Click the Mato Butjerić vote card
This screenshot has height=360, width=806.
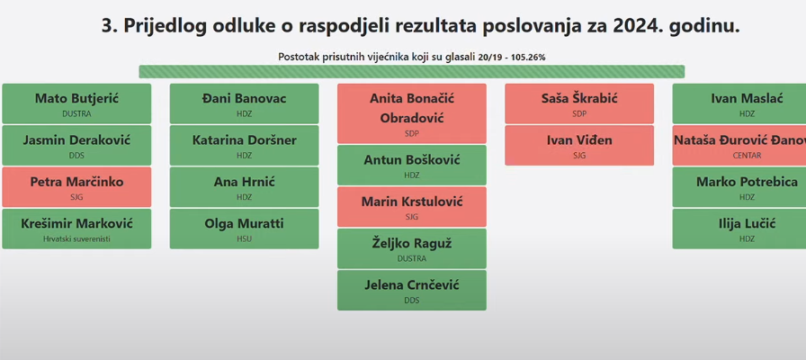pyautogui.click(x=76, y=103)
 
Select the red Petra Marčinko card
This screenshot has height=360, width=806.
pyautogui.click(x=76, y=187)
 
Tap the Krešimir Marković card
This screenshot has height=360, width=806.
pyautogui.click(x=76, y=229)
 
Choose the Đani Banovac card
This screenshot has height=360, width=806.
pyautogui.click(x=244, y=103)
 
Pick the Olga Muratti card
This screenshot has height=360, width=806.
pyautogui.click(x=244, y=229)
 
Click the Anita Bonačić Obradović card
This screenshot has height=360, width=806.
pyautogui.click(x=412, y=113)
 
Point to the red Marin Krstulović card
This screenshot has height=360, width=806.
pyautogui.click(x=412, y=207)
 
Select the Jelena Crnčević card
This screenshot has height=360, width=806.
pyautogui.click(x=412, y=290)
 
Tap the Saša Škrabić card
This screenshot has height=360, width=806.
pyautogui.click(x=579, y=103)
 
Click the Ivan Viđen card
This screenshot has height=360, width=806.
pyautogui.click(x=579, y=146)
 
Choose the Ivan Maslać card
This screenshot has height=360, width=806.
pyautogui.click(x=739, y=103)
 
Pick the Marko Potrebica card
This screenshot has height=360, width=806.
pyautogui.click(x=739, y=187)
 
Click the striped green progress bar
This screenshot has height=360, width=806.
pyautogui.click(x=412, y=71)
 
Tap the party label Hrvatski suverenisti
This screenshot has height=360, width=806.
pyautogui.click(x=76, y=238)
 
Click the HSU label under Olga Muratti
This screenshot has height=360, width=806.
pyautogui.click(x=244, y=238)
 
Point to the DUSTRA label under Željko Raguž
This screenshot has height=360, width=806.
pyautogui.click(x=412, y=258)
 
